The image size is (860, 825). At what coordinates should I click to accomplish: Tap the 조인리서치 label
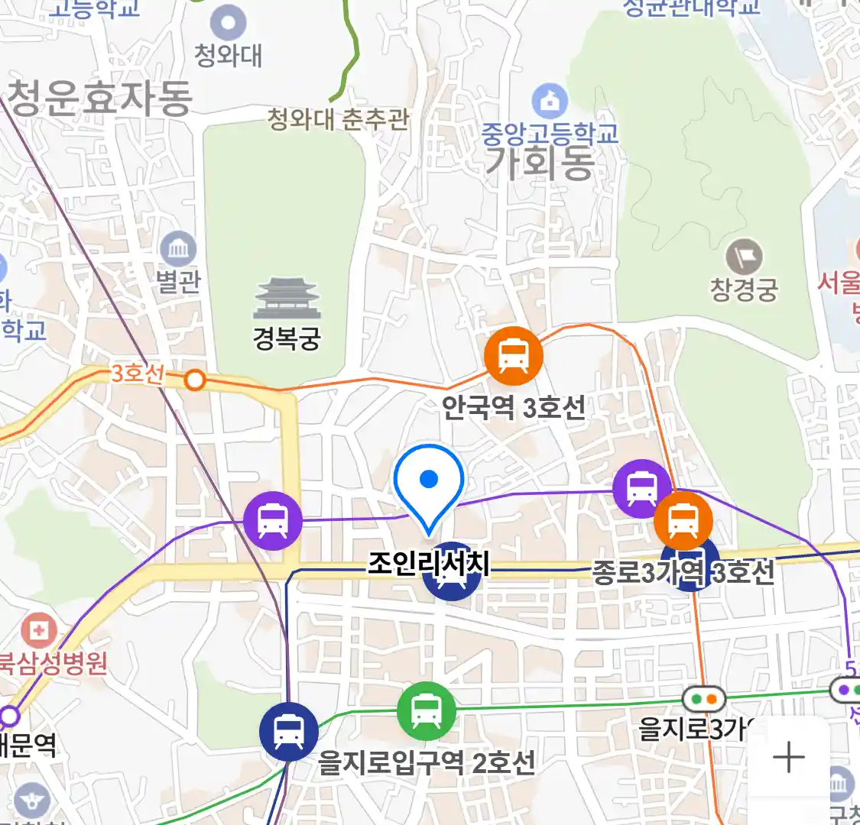pos(428,563)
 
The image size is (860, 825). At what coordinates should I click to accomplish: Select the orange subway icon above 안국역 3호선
pos(514,356)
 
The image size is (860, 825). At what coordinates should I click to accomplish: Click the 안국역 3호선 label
pos(514,406)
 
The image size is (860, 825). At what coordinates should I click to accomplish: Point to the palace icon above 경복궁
pos(287,299)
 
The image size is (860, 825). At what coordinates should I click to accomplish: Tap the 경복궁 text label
pos(287,338)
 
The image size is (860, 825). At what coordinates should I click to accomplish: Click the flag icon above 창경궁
pos(744,257)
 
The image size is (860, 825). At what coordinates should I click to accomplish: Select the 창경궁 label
pos(744,289)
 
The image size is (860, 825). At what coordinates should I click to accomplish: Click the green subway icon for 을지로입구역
pos(426,711)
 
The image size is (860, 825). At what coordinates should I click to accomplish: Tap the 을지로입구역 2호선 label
pos(427,762)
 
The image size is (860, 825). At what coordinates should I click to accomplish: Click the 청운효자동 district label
pos(99,99)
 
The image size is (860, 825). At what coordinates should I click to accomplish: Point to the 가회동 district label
pos(540,163)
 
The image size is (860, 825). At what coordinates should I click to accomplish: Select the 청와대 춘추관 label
pos(338,119)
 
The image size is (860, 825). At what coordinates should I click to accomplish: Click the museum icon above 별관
pos(178,249)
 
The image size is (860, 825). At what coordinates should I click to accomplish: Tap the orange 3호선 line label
pos(138,374)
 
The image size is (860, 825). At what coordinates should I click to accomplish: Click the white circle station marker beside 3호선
pos(196,380)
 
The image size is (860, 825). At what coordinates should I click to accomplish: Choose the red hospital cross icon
pos(37,631)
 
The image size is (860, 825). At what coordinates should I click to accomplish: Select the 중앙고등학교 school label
pos(550,134)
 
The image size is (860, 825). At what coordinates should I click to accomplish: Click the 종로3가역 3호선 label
pos(683,572)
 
